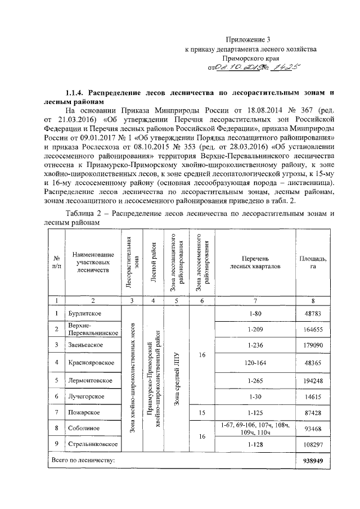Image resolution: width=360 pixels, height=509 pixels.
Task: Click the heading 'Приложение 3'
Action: (248, 39)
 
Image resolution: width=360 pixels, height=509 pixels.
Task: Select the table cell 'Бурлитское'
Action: (85, 313)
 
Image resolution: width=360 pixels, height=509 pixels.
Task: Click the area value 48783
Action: (312, 313)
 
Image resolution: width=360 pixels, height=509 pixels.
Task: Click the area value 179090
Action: (312, 345)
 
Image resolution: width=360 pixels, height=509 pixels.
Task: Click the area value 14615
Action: (312, 397)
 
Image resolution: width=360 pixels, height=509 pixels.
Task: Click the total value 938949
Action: (312, 460)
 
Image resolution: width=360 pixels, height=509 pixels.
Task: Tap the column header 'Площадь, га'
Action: (312, 262)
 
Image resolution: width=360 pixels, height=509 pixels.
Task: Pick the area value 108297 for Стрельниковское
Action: (312, 445)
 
